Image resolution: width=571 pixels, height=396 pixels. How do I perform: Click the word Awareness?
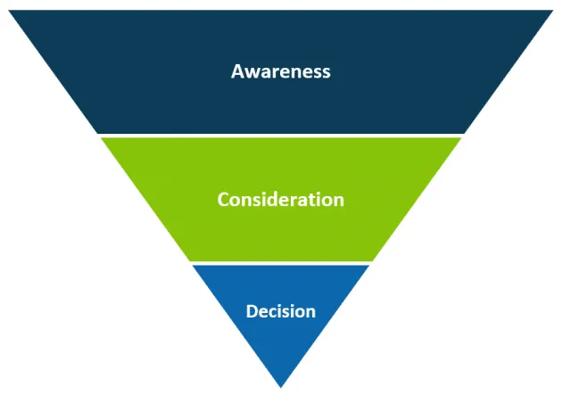(281, 71)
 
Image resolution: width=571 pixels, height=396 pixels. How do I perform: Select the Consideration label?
(281, 199)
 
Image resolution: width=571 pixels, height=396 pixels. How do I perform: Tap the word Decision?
(281, 311)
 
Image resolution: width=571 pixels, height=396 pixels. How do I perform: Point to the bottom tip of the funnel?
(281, 386)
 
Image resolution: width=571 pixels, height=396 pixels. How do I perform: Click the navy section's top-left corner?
(11, 12)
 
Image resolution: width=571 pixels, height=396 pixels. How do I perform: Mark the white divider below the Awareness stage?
(281, 136)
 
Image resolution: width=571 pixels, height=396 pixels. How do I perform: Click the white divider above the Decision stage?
(281, 263)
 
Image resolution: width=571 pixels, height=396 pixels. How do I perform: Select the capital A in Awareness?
(237, 71)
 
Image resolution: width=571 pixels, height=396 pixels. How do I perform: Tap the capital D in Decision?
(252, 311)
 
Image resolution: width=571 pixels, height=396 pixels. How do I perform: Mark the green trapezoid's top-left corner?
(101, 138)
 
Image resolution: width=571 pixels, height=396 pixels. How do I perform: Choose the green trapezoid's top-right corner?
(461, 138)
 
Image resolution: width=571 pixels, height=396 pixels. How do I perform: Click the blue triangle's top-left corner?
(194, 266)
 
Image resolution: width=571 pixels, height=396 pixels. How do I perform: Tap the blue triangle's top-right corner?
(368, 266)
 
